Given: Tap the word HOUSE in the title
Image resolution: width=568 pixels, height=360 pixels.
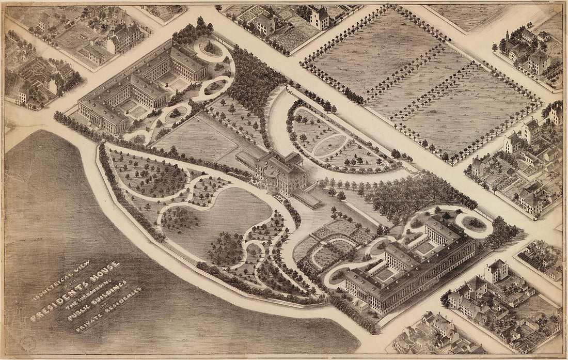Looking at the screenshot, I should [103, 272].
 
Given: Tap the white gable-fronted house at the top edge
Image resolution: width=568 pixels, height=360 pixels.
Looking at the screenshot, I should [320, 19].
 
